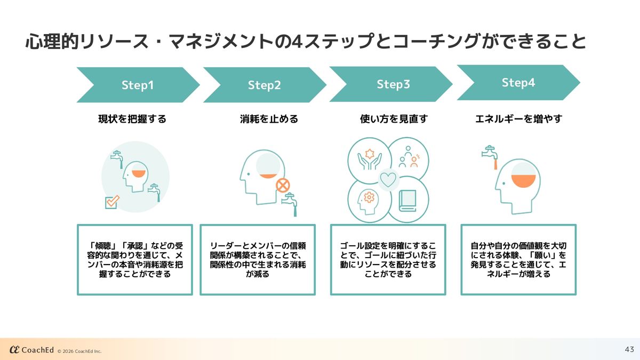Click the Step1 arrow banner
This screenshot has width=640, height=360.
[x=137, y=85]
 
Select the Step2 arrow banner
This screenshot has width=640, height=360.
[x=264, y=85]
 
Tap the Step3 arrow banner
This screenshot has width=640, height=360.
[x=393, y=84]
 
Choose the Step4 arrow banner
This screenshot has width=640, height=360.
[x=518, y=83]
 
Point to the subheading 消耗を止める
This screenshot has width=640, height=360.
[x=269, y=119]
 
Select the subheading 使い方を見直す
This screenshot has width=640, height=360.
[x=394, y=119]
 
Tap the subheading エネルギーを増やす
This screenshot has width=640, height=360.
[x=518, y=119]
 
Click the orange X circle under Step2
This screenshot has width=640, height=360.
[x=283, y=185]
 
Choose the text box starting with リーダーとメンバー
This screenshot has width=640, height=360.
[x=258, y=260]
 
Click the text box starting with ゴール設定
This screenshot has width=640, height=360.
[x=388, y=260]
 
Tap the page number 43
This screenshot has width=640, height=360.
[x=629, y=349]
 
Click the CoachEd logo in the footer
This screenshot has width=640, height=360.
[x=32, y=349]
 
